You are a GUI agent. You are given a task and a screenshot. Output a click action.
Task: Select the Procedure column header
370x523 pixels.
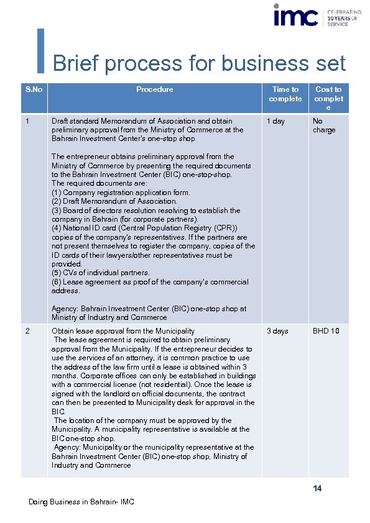coord(154,89)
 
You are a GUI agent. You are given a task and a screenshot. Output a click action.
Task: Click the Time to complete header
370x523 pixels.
coord(285,94)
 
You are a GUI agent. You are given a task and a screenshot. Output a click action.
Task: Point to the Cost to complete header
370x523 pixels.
coord(328,98)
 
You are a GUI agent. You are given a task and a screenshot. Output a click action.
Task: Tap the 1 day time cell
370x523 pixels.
coord(275,121)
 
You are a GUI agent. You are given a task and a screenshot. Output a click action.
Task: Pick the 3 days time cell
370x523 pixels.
coord(277,331)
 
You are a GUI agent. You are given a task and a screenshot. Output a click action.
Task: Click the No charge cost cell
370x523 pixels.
coord(323,125)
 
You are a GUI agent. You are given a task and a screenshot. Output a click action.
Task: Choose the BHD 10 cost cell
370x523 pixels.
coord(326,331)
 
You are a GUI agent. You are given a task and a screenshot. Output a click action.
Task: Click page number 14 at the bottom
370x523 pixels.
coord(317,489)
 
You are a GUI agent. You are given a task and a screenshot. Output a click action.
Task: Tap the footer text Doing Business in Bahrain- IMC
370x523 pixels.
coord(81,502)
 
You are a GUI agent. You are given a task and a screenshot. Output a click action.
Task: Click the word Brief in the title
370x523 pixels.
coord(73,63)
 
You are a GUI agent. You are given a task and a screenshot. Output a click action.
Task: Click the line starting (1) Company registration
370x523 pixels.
coord(121,193)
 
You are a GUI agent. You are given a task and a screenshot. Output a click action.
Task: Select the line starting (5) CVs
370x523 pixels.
coord(101,273)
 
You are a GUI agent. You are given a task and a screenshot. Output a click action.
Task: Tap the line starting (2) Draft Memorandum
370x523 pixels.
coord(114,201)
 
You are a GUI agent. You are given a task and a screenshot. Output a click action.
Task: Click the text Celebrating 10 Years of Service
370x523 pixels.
coord(344,17)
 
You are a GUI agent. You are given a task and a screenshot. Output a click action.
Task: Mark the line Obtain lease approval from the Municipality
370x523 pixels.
coord(123,331)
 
